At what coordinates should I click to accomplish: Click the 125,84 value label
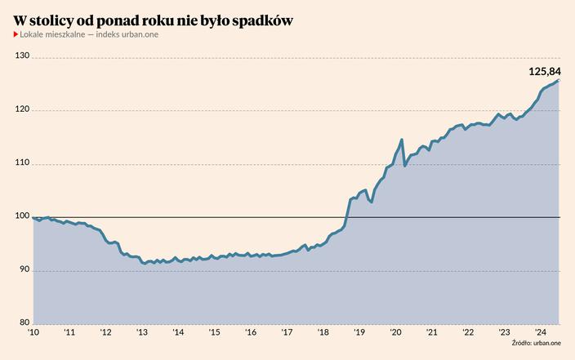pyautogui.click(x=545, y=72)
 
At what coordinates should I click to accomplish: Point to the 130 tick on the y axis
pyautogui.click(x=22, y=56)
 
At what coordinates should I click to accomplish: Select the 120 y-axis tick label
pyautogui.click(x=22, y=109)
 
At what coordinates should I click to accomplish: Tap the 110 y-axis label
pyautogui.click(x=22, y=163)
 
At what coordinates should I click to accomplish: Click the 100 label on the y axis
pyautogui.click(x=22, y=216)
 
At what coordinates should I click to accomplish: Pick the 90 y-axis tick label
pyautogui.click(x=24, y=269)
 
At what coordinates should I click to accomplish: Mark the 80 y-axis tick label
pyautogui.click(x=24, y=322)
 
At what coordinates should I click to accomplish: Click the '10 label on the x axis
pyautogui.click(x=33, y=333)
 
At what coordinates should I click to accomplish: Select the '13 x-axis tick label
pyautogui.click(x=141, y=333)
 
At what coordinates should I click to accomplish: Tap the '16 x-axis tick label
pyautogui.click(x=251, y=333)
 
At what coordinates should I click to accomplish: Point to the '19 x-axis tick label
pyautogui.click(x=359, y=333)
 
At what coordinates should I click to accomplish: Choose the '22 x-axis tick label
pyautogui.click(x=468, y=333)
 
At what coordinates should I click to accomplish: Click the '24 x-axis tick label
pyautogui.click(x=540, y=333)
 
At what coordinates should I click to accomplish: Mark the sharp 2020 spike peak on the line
pyautogui.click(x=402, y=140)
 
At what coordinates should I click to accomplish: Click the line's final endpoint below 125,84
pyautogui.click(x=558, y=80)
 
